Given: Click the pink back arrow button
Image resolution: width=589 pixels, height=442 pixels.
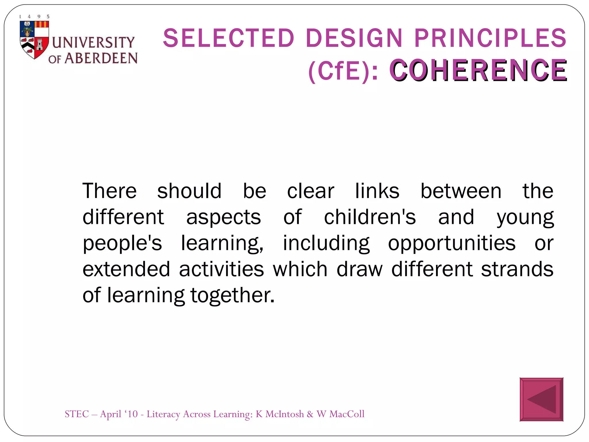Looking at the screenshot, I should [541, 399].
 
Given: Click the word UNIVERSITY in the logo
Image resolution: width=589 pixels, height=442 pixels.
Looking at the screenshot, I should [93, 42].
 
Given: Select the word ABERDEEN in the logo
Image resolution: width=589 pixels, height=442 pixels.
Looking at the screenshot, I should [101, 58].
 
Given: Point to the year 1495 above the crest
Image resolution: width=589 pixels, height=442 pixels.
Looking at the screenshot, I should [34, 17].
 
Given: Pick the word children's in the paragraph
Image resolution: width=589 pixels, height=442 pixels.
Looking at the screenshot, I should [370, 217].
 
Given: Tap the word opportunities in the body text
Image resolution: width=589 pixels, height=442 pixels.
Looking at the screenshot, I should [452, 243].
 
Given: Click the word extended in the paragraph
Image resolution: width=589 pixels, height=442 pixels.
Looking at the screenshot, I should [126, 269].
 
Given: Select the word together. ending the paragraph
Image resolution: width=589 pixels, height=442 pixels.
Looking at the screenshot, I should [232, 296].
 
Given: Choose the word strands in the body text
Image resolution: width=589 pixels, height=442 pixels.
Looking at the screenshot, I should [517, 269].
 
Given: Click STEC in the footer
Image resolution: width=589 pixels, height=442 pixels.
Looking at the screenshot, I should [77, 414].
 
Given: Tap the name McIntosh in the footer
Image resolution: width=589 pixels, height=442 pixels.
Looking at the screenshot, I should [284, 414].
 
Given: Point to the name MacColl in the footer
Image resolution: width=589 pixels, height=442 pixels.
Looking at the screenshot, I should [347, 414].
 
